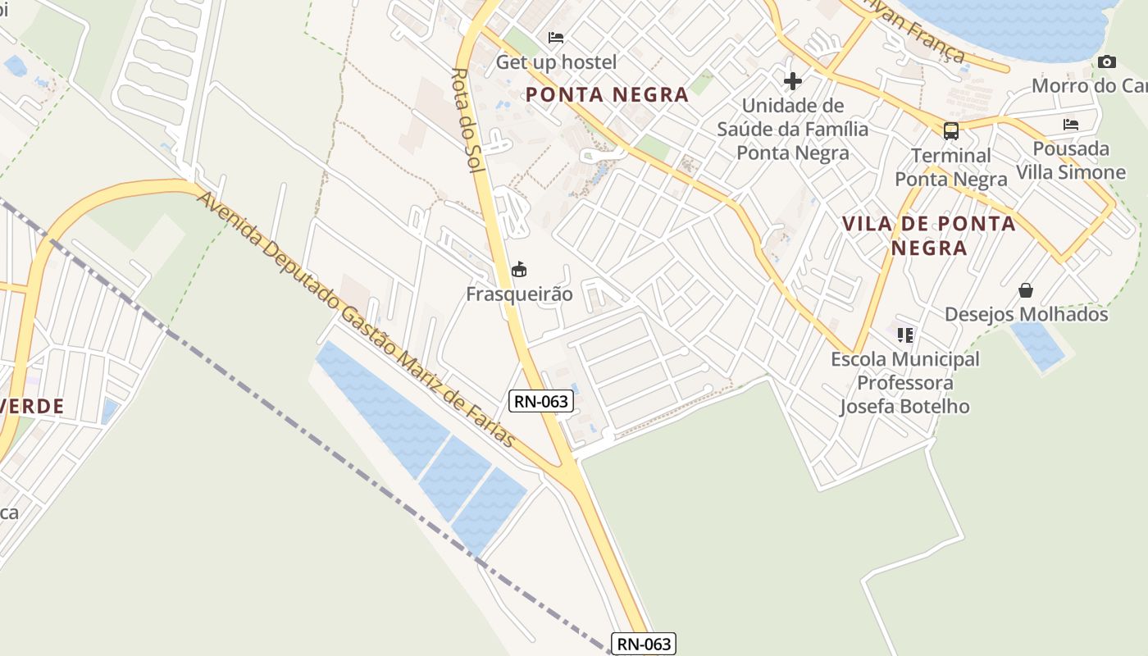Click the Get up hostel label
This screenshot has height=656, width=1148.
tap(556, 61)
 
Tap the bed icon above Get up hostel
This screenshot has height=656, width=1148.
tap(556, 37)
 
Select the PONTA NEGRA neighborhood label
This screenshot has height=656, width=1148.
tap(607, 94)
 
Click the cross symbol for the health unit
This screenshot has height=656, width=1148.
tap(792, 80)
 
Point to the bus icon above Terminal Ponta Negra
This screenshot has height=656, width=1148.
tap(950, 130)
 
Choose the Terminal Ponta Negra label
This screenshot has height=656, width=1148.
tap(950, 167)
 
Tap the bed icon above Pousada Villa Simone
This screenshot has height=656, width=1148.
tap(1070, 125)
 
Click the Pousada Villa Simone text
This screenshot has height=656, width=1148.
tap(1071, 161)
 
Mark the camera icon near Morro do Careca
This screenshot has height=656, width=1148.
tap(1106, 61)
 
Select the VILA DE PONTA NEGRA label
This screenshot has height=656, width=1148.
tap(928, 235)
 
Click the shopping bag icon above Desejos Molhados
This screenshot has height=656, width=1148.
tap(1025, 289)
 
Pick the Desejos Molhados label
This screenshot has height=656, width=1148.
tap(1026, 314)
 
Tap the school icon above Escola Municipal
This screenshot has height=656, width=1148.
tap(904, 335)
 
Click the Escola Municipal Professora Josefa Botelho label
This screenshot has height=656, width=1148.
tap(904, 382)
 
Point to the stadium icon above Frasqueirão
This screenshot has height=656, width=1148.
tap(519, 268)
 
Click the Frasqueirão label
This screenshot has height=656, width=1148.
tap(519, 294)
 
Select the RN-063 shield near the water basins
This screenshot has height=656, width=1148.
tap(540, 401)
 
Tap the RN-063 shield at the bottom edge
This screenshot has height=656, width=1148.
tap(644, 644)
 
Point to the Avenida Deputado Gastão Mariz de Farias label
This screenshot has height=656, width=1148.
tap(357, 320)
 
